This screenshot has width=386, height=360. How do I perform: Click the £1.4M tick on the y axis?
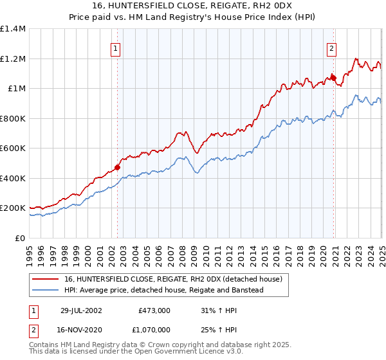pos(13,29)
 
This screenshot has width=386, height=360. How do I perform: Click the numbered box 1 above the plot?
pos(115,48)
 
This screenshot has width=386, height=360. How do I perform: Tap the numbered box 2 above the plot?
pos(331,48)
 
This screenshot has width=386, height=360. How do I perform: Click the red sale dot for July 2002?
pos(117,168)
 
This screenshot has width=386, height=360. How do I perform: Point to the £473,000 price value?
pos(154,310)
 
